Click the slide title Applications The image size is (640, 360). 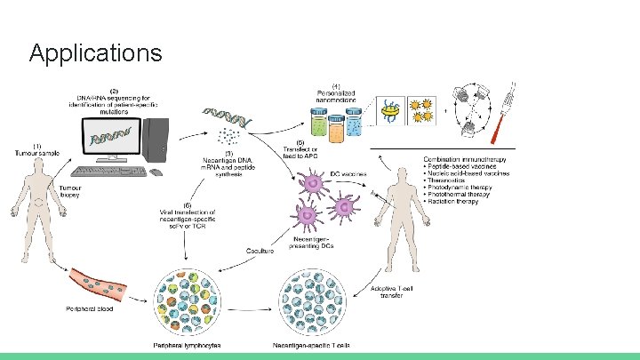pos(95,53)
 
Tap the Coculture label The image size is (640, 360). pos(260,251)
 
